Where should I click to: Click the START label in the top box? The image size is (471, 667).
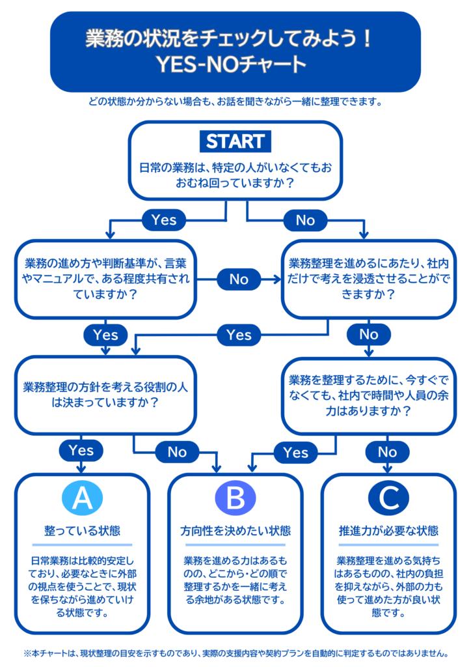pos(235,141)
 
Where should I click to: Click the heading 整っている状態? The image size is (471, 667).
pos(82,530)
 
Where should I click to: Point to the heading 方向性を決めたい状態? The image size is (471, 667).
pos(235,530)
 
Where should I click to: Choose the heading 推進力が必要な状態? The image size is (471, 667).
pos(388,530)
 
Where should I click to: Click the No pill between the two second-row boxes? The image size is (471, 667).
pos(239,279)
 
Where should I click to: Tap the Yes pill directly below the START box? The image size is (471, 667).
pos(163,220)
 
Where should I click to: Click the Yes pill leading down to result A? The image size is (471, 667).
pos(81,450)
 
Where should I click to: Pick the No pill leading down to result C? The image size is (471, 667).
pos(388,451)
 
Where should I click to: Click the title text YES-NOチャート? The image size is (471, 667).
pos(235,64)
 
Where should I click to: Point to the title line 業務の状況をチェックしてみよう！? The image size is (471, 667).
pos(235,39)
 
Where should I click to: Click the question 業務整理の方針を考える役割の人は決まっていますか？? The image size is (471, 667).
pos(105,394)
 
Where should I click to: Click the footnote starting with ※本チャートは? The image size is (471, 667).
pos(235,652)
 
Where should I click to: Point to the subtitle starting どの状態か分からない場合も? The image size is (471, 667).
pos(235,102)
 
